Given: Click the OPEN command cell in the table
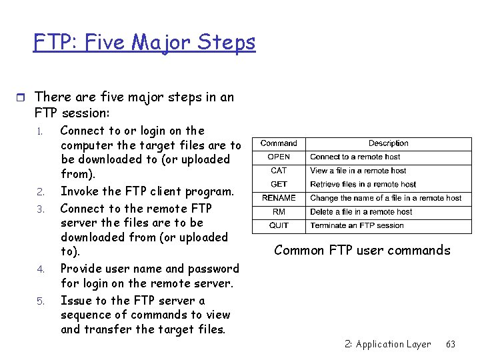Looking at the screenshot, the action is [x=279, y=157].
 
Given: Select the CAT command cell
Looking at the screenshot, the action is [x=279, y=171].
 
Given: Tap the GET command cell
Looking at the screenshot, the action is [x=279, y=184].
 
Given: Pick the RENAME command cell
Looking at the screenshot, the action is [x=279, y=198].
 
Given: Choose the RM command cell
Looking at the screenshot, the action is [x=279, y=212].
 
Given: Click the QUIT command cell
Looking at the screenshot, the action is [x=279, y=225].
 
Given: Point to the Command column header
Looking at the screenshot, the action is [x=279, y=143].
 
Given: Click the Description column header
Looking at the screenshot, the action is [x=389, y=143].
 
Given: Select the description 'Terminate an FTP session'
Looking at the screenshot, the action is [x=357, y=225].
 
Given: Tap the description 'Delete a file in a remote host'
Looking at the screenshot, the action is [x=361, y=212].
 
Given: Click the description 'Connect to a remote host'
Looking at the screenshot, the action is [x=355, y=157].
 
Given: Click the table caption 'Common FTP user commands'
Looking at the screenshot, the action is [x=362, y=251].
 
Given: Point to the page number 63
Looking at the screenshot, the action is [x=451, y=344].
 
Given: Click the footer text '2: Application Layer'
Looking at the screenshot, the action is [x=388, y=344].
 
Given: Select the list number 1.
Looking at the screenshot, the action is [x=41, y=131].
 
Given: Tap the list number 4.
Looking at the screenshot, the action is [x=41, y=270].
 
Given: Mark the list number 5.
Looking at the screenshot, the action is [x=41, y=301].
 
